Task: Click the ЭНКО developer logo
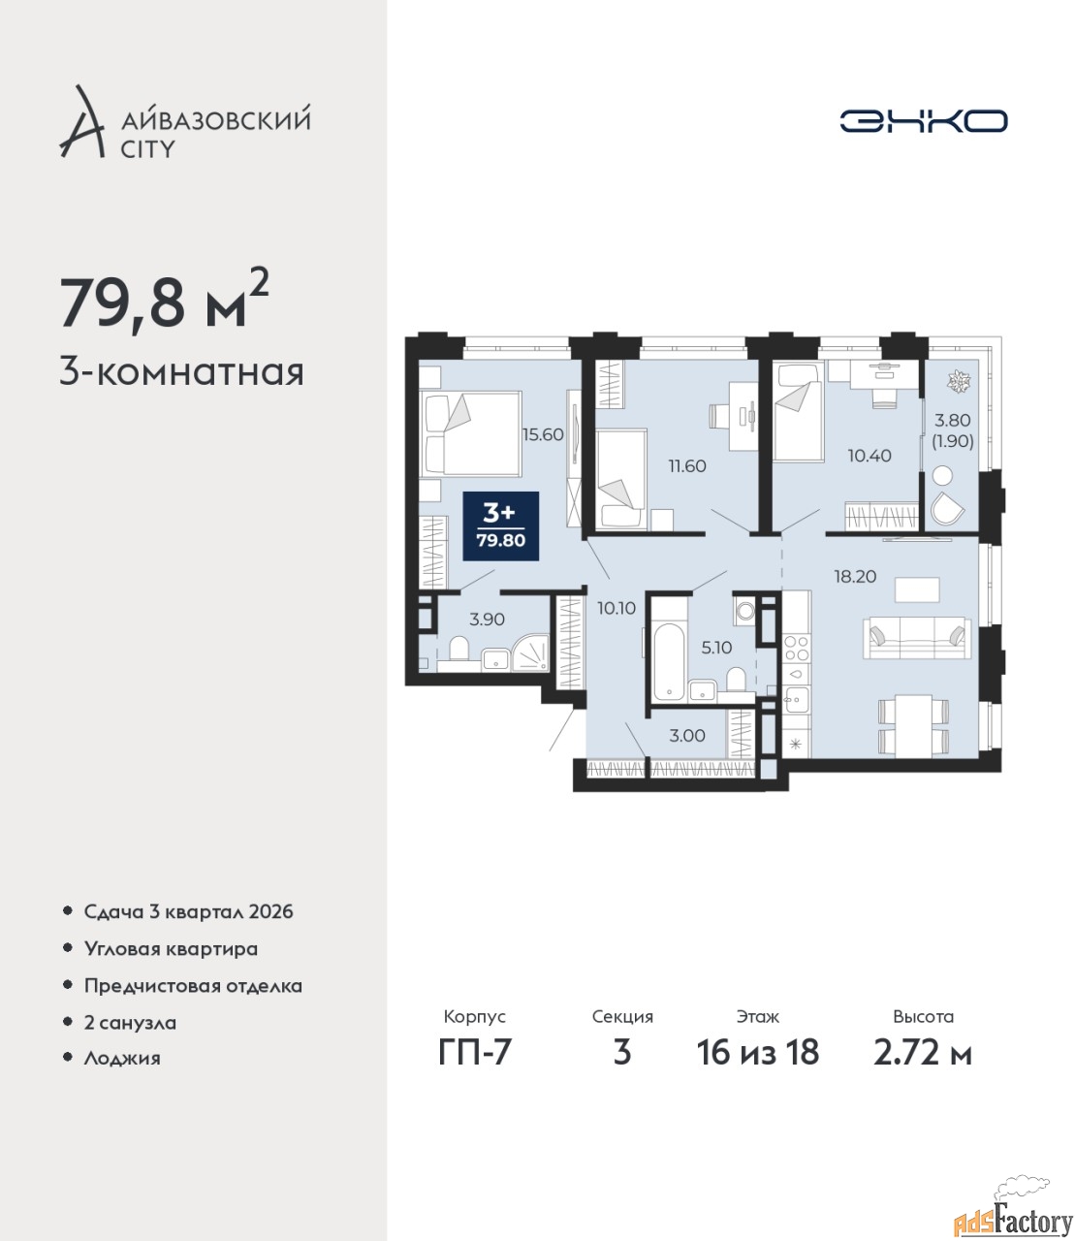point(923,120)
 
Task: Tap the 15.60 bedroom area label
point(543,434)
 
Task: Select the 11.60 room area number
point(687,465)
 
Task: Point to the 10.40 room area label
point(869,455)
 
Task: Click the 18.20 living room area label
point(855,576)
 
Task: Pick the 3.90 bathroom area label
point(487,619)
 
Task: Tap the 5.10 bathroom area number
point(716,648)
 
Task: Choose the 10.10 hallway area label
point(617,608)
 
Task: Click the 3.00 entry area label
point(687,736)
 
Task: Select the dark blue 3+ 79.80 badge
point(500,525)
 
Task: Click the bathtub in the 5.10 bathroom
point(667,663)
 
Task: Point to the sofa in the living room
point(917,637)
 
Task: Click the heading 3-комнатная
point(182,373)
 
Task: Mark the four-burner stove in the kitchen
point(796,648)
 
